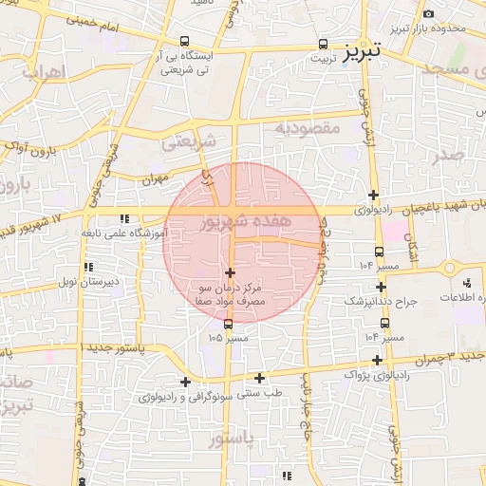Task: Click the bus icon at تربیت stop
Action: click(323, 44)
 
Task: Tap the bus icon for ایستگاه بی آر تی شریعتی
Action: click(183, 42)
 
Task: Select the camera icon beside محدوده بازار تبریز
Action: click(429, 13)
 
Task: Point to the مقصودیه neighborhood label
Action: click(307, 126)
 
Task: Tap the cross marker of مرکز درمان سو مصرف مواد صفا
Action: click(230, 272)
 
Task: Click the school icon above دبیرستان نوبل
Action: click(87, 268)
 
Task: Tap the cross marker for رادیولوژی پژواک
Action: click(379, 360)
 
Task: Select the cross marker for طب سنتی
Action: click(259, 378)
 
